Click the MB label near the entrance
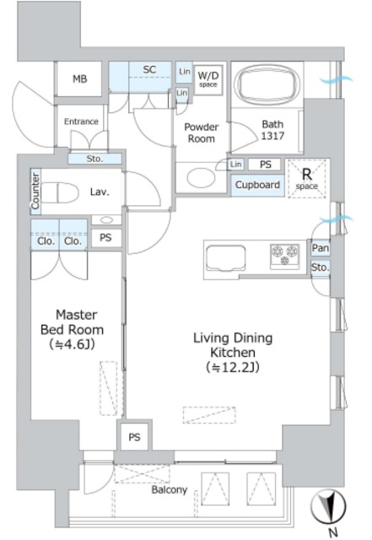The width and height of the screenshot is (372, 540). click(79, 78)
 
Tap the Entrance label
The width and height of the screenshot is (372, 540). click(81, 121)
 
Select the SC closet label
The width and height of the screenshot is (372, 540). click(149, 69)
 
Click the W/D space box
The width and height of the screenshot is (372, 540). click(208, 79)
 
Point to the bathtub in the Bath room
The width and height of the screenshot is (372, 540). click(267, 84)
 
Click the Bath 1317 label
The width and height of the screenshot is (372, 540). click(272, 130)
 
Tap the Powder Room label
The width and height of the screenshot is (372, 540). click(202, 132)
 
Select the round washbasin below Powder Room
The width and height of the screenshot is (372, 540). click(202, 178)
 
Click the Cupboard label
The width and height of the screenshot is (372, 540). click(257, 185)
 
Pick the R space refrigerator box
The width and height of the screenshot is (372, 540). click(307, 179)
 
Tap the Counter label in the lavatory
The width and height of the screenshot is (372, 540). click(35, 192)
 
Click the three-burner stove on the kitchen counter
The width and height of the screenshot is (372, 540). click(285, 256)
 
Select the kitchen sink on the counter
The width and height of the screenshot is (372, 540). click(225, 259)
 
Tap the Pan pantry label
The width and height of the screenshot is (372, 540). click(321, 248)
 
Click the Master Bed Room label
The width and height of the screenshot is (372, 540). click(72, 330)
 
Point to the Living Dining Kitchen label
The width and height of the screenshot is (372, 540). click(233, 353)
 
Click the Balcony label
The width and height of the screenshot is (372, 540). click(170, 489)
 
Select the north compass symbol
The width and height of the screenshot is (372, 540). click(328, 506)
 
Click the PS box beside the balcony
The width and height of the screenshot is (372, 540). click(135, 437)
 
